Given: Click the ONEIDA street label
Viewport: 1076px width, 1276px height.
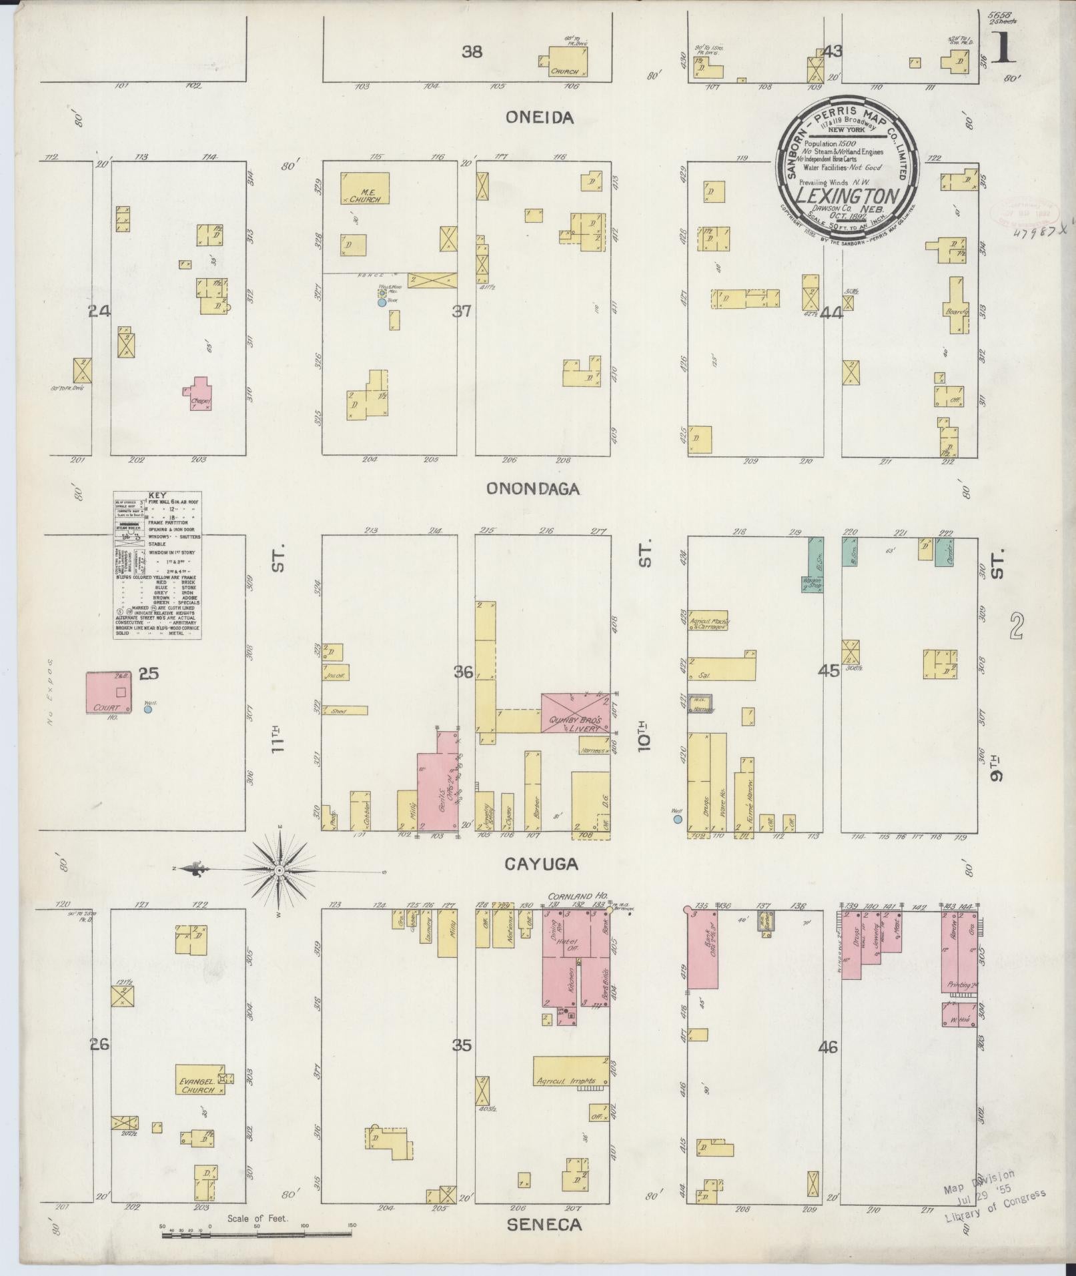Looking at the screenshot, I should coord(531,117).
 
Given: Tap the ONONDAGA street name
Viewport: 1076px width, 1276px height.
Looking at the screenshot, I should coord(532,489).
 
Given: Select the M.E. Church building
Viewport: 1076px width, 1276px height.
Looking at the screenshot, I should coord(365,189).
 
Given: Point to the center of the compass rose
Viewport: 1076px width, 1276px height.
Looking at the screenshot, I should coord(280,870).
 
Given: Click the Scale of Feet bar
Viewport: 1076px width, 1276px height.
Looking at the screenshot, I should coord(257,1234).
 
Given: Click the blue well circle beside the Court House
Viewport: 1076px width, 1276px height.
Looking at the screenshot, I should coord(148,710).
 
